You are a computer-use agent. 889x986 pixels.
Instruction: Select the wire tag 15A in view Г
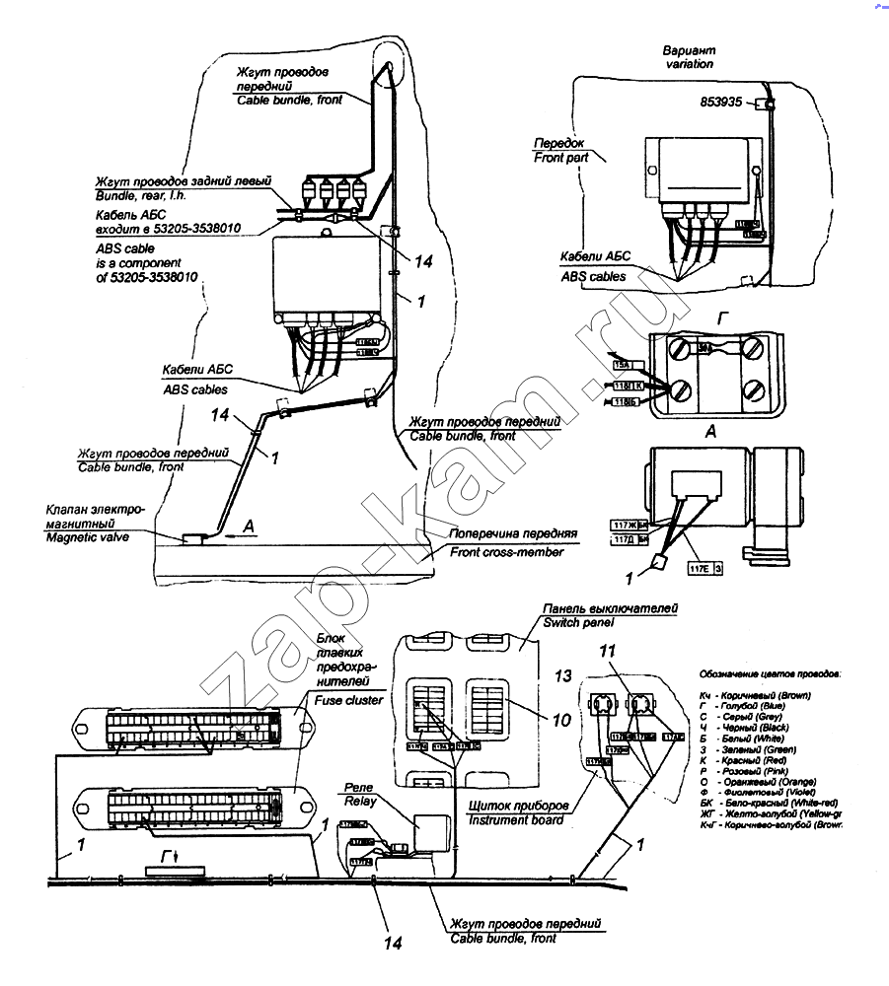(624, 365)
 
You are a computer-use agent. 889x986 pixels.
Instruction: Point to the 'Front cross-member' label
(506, 552)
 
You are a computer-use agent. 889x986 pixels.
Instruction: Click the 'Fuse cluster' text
(348, 700)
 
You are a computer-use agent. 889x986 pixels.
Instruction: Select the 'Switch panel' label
(577, 623)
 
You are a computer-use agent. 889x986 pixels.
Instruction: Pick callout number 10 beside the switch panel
(561, 721)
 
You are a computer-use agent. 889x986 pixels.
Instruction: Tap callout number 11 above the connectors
(609, 651)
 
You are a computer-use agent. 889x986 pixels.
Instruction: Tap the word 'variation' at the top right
(689, 64)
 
